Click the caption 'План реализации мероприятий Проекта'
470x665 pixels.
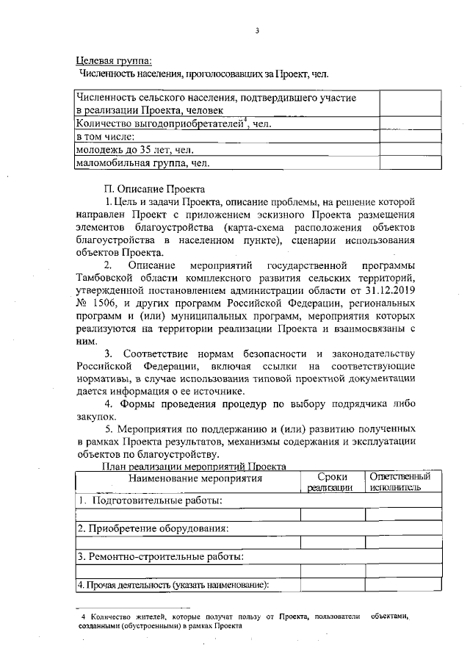point(192,466)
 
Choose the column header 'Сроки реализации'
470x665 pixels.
point(330,481)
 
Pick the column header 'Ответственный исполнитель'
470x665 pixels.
point(399,481)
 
